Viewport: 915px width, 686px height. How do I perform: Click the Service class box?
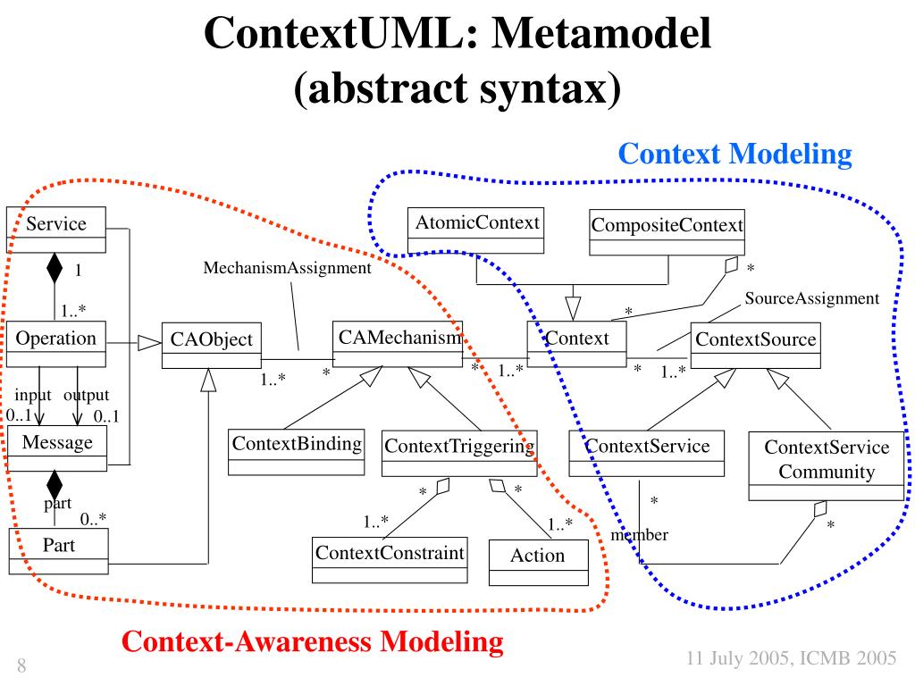click(56, 230)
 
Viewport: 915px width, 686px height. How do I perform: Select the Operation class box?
click(56, 344)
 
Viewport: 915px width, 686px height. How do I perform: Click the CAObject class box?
click(212, 345)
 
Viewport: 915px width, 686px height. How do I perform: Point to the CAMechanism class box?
click(399, 343)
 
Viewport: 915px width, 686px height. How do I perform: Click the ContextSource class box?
click(755, 345)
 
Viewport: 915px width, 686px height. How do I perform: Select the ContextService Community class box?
click(826, 466)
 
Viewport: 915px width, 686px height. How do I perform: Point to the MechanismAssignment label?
click(287, 268)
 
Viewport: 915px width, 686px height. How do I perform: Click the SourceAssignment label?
click(812, 298)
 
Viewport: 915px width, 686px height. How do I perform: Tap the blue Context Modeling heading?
click(735, 155)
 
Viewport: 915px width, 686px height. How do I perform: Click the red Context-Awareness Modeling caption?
click(312, 641)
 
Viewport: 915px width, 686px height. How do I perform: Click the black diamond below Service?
click(55, 267)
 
